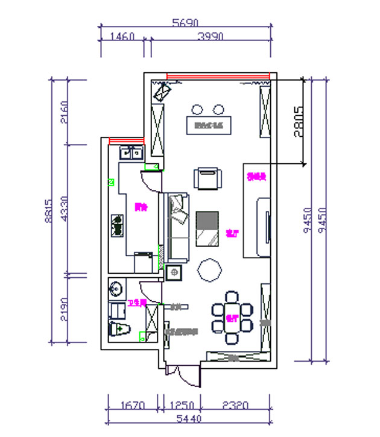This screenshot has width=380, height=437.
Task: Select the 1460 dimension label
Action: click(x=122, y=36)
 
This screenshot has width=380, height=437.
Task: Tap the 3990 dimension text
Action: click(x=211, y=36)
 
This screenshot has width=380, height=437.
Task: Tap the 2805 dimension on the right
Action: click(x=298, y=122)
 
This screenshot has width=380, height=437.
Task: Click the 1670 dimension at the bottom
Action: click(x=131, y=405)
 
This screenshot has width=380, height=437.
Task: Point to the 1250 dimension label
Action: click(x=179, y=405)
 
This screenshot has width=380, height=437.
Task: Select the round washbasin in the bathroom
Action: click(x=116, y=288)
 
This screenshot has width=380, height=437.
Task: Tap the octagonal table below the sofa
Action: click(x=211, y=269)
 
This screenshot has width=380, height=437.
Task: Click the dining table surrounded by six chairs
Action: click(x=232, y=312)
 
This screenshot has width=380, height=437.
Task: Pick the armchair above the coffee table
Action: click(x=208, y=178)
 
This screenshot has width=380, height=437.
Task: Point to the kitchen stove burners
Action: click(x=117, y=225)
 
